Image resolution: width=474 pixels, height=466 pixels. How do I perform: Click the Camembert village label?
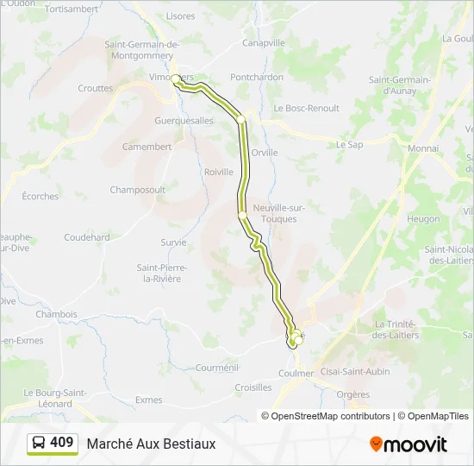pos(147,147)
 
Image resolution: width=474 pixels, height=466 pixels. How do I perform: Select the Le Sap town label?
pos(349,144)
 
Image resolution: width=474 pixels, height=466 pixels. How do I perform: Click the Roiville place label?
pos(219,172)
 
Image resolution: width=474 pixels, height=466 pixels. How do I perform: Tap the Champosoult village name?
pos(137,189)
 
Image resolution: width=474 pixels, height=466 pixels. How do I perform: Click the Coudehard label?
pos(87,237)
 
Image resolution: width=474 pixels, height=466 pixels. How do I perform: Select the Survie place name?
pos(173,242)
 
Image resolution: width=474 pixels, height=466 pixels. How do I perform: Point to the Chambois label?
pos(56,314)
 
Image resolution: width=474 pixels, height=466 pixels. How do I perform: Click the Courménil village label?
pos(215,367)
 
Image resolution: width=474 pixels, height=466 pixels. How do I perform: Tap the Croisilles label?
pos(253,387)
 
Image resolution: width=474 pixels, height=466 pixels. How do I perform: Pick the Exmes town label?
pos(148,400)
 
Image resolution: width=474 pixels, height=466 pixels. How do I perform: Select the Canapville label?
pos(264,42)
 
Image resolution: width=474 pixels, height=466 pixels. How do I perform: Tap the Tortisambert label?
pos(71,9)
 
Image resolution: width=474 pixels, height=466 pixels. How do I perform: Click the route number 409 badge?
pos(53,443)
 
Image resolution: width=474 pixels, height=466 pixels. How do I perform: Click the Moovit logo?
pos(409,444)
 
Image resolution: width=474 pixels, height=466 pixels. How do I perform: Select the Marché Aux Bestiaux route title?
pos(151,444)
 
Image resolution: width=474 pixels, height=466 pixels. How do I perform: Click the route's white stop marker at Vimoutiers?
pos(176,79)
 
